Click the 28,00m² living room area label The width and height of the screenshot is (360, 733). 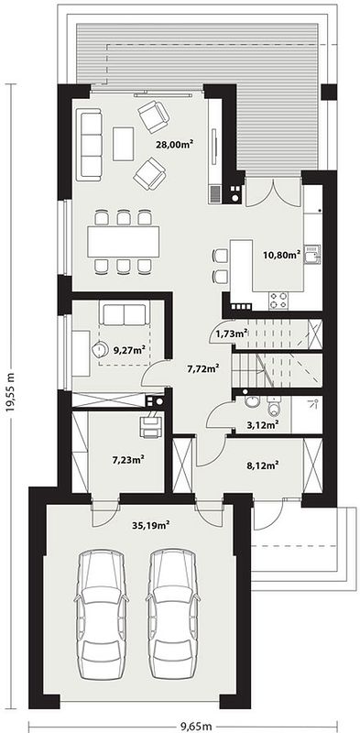[175, 145]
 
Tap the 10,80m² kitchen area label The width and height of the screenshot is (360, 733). [281, 255]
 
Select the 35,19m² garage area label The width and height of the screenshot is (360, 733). [150, 524]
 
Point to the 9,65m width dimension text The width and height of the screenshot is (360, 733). [196, 726]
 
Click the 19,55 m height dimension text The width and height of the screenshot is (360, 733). [11, 392]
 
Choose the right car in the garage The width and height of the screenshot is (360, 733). [171, 613]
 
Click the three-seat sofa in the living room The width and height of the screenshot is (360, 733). [89, 145]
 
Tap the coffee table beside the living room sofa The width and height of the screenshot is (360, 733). [124, 144]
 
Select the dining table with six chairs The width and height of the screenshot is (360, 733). [124, 241]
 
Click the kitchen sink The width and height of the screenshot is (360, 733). [312, 256]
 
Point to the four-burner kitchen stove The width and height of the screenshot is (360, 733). [278, 301]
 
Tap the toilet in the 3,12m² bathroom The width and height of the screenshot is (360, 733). [274, 407]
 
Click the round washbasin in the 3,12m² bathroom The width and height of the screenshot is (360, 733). [252, 403]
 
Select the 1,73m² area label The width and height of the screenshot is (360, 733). [232, 334]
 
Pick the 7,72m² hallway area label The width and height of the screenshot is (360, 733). [204, 369]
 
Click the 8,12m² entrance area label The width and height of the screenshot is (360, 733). [263, 465]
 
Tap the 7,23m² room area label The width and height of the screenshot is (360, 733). [127, 460]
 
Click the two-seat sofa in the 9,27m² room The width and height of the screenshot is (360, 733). [124, 313]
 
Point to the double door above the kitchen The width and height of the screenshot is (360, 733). [273, 192]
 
